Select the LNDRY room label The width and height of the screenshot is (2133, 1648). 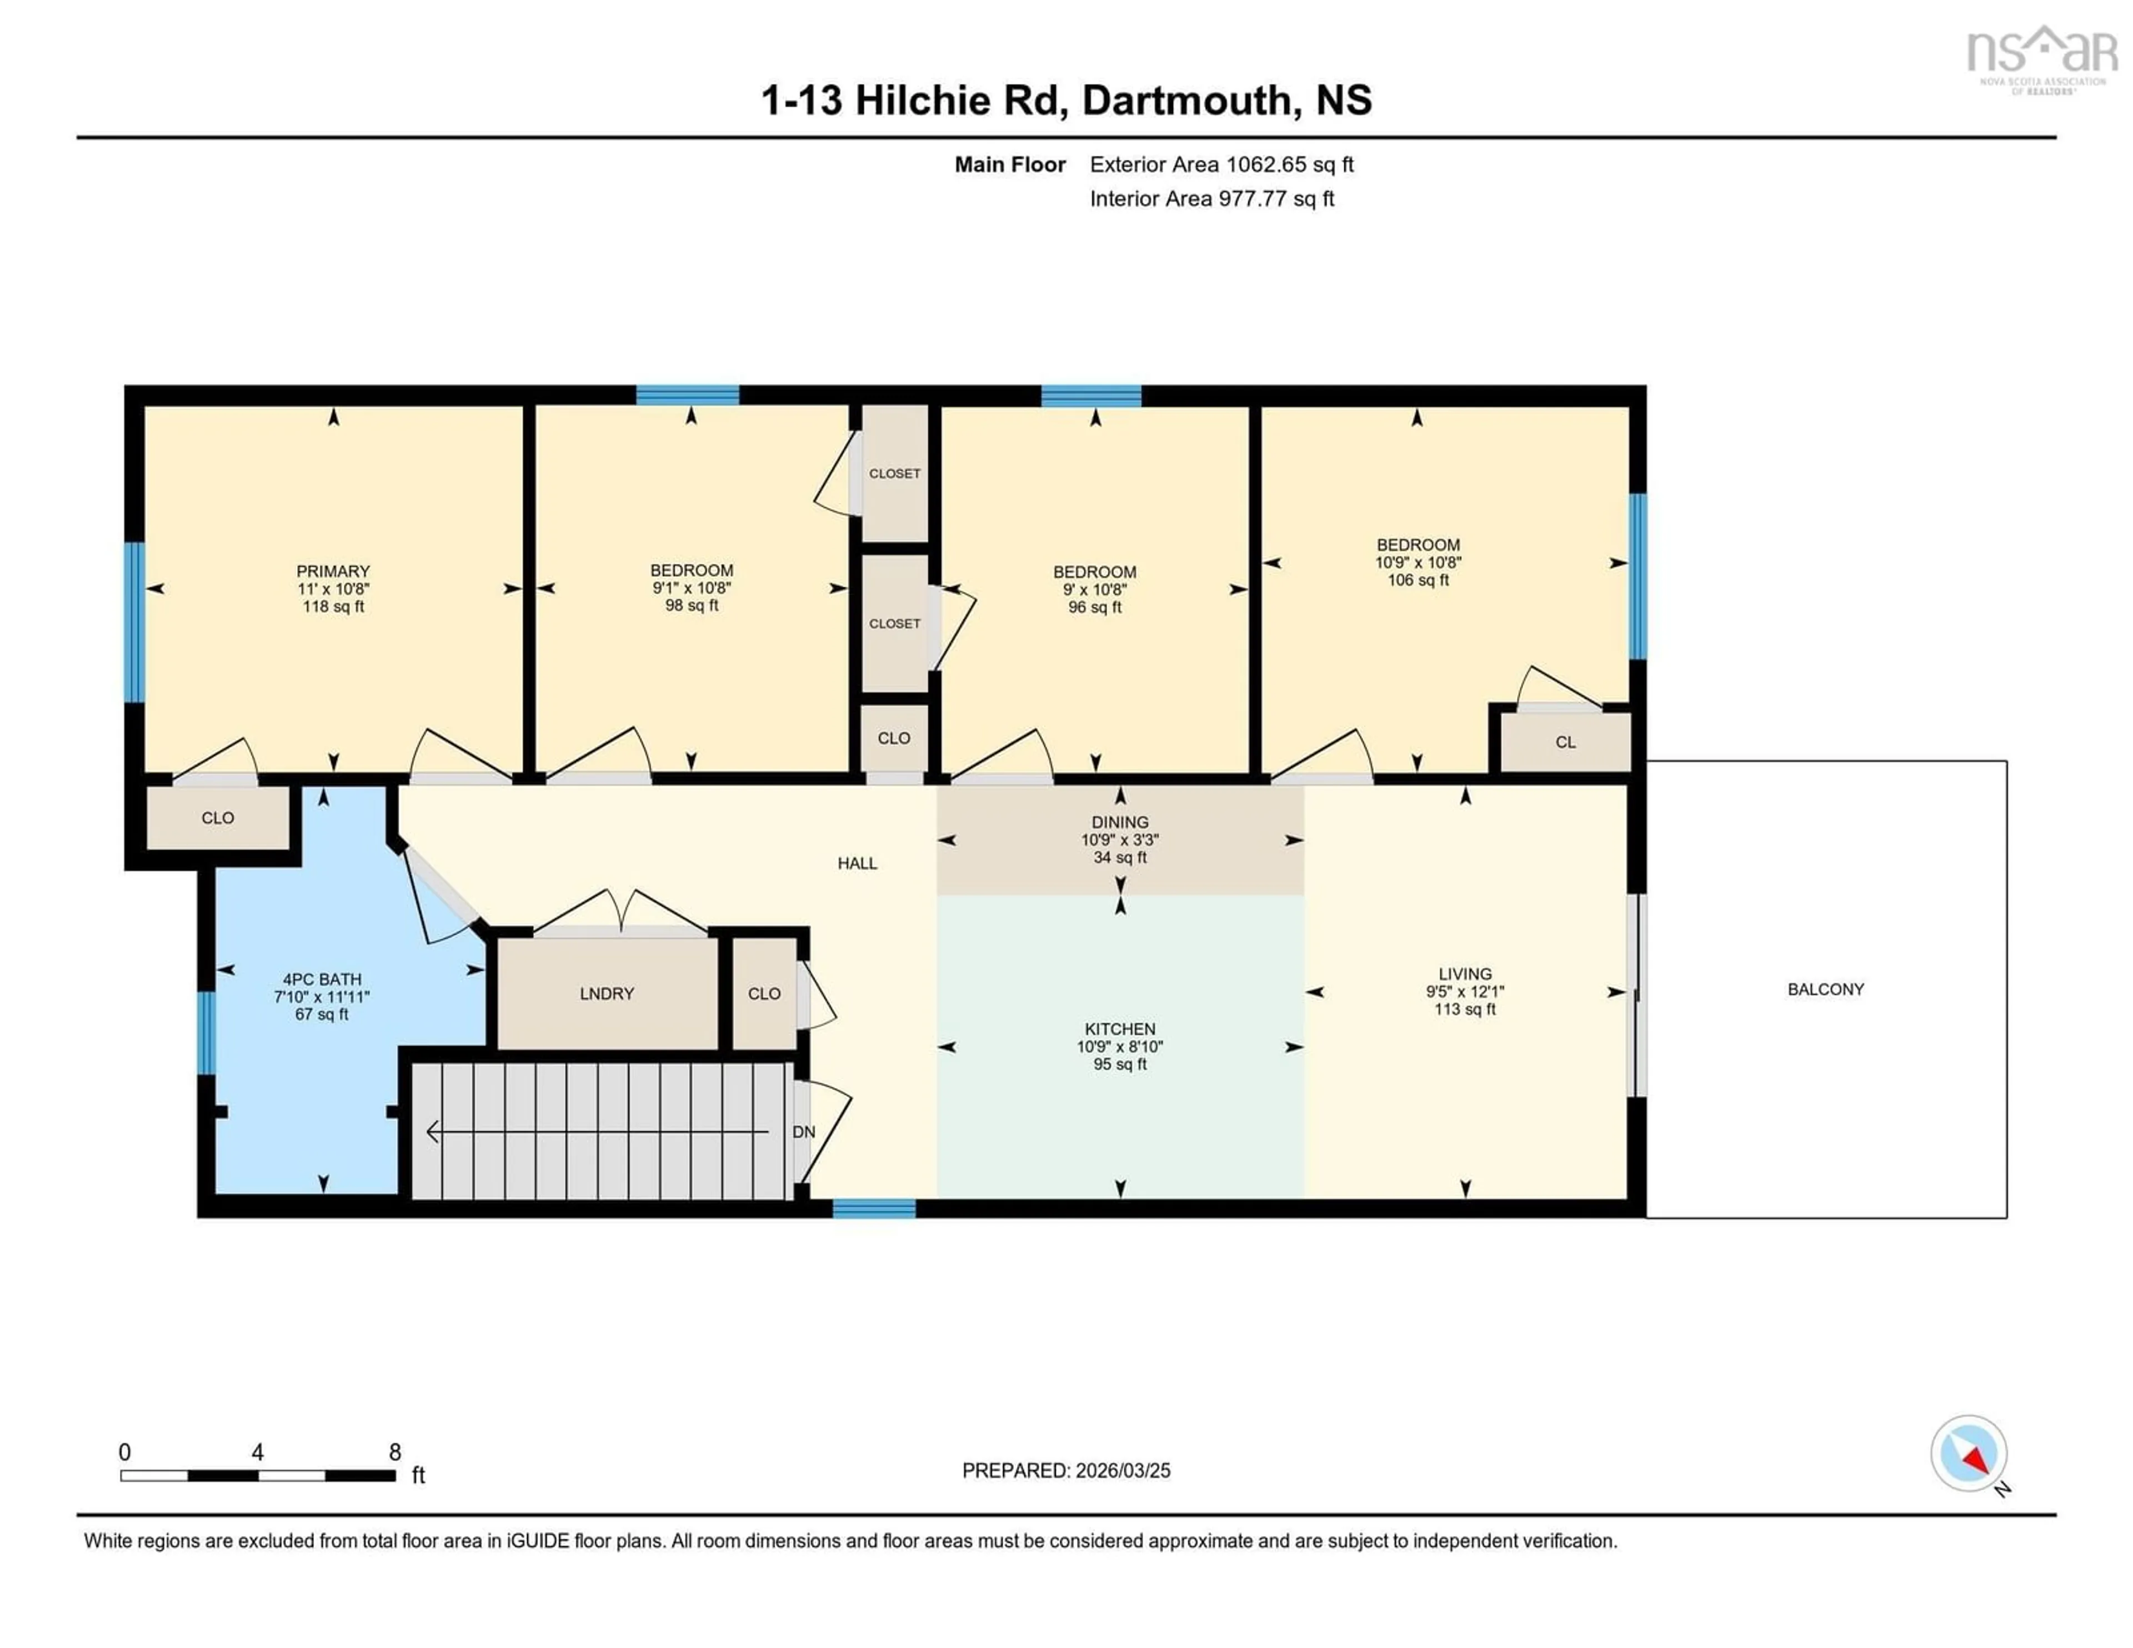tap(607, 993)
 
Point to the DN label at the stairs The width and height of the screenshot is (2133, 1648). tap(804, 1132)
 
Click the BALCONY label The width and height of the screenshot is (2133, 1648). tap(1825, 990)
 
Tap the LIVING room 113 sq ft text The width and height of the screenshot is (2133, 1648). tap(1464, 1009)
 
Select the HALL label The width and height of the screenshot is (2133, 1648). tap(857, 863)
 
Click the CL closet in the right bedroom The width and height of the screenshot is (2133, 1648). tap(1565, 742)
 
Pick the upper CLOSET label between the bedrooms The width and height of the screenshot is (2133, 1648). tap(894, 474)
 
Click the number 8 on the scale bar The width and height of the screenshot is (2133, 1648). tap(394, 1452)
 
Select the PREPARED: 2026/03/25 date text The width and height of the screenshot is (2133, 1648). tap(1065, 1470)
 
